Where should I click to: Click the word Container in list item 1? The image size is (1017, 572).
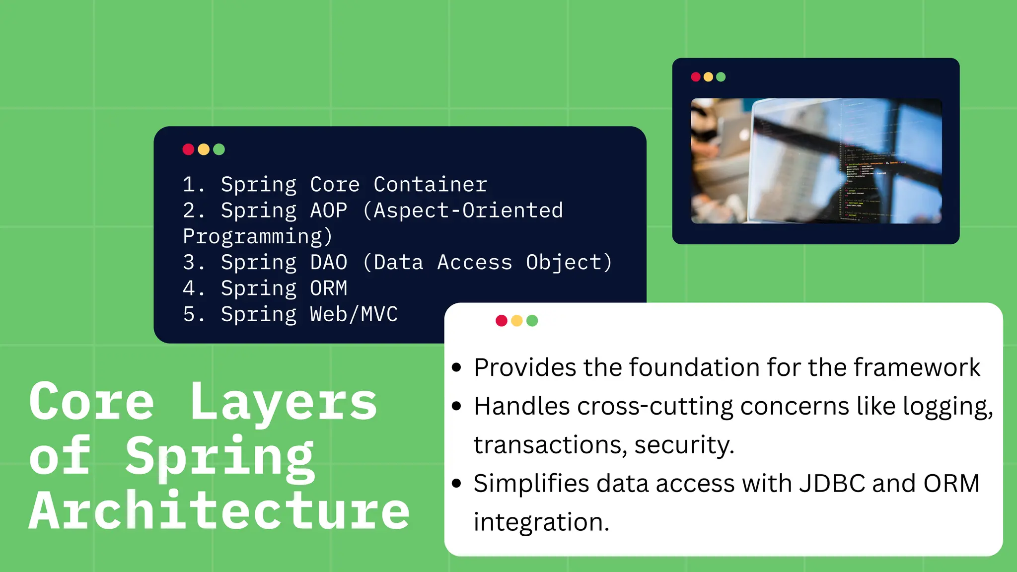point(430,185)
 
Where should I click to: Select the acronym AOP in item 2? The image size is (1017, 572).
point(328,211)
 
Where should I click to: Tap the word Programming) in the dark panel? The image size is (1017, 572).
point(257,237)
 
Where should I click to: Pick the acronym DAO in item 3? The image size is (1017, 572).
point(328,263)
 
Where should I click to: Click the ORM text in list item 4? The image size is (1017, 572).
point(328,288)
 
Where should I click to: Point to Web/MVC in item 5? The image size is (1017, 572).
point(354,314)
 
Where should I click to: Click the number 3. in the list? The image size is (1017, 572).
point(193,263)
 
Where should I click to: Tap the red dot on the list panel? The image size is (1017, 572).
point(188,149)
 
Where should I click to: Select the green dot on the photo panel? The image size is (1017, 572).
point(721,77)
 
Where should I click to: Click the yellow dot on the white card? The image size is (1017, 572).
point(517,321)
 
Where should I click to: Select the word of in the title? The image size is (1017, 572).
point(60,456)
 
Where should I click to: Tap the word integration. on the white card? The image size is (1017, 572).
point(541,522)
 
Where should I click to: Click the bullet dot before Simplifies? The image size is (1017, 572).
point(457,483)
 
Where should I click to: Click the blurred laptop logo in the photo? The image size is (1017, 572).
point(743,135)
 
